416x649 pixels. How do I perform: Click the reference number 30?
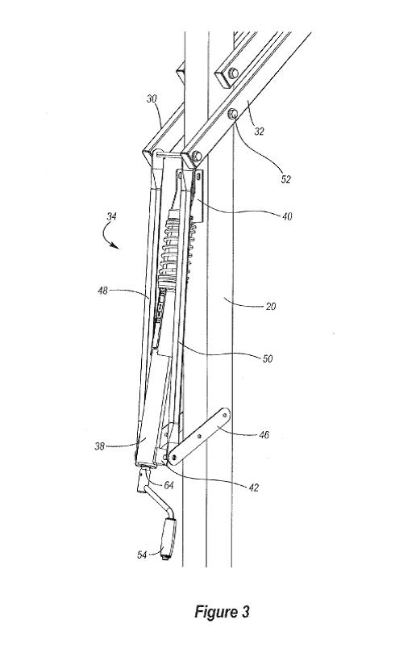[152, 99]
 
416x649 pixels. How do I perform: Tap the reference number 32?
[260, 132]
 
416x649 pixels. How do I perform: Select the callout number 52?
[285, 179]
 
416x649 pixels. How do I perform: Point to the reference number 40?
[287, 216]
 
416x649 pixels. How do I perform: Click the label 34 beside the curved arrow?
[111, 216]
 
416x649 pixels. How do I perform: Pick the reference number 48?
[102, 291]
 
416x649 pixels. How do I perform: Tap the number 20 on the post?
[270, 306]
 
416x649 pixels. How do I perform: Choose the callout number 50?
[268, 358]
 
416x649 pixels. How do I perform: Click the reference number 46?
[264, 434]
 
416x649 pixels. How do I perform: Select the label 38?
[99, 446]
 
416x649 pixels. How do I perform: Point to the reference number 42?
[253, 488]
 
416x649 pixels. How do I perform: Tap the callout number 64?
[168, 485]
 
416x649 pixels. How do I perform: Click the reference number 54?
[142, 555]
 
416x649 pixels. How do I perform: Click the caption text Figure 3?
[222, 612]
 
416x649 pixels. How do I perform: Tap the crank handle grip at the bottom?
[168, 538]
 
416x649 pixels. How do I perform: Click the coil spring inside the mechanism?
[170, 253]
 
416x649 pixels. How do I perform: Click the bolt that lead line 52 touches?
[232, 112]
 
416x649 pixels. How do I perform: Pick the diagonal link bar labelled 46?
[198, 437]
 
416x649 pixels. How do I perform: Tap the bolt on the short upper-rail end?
[233, 73]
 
